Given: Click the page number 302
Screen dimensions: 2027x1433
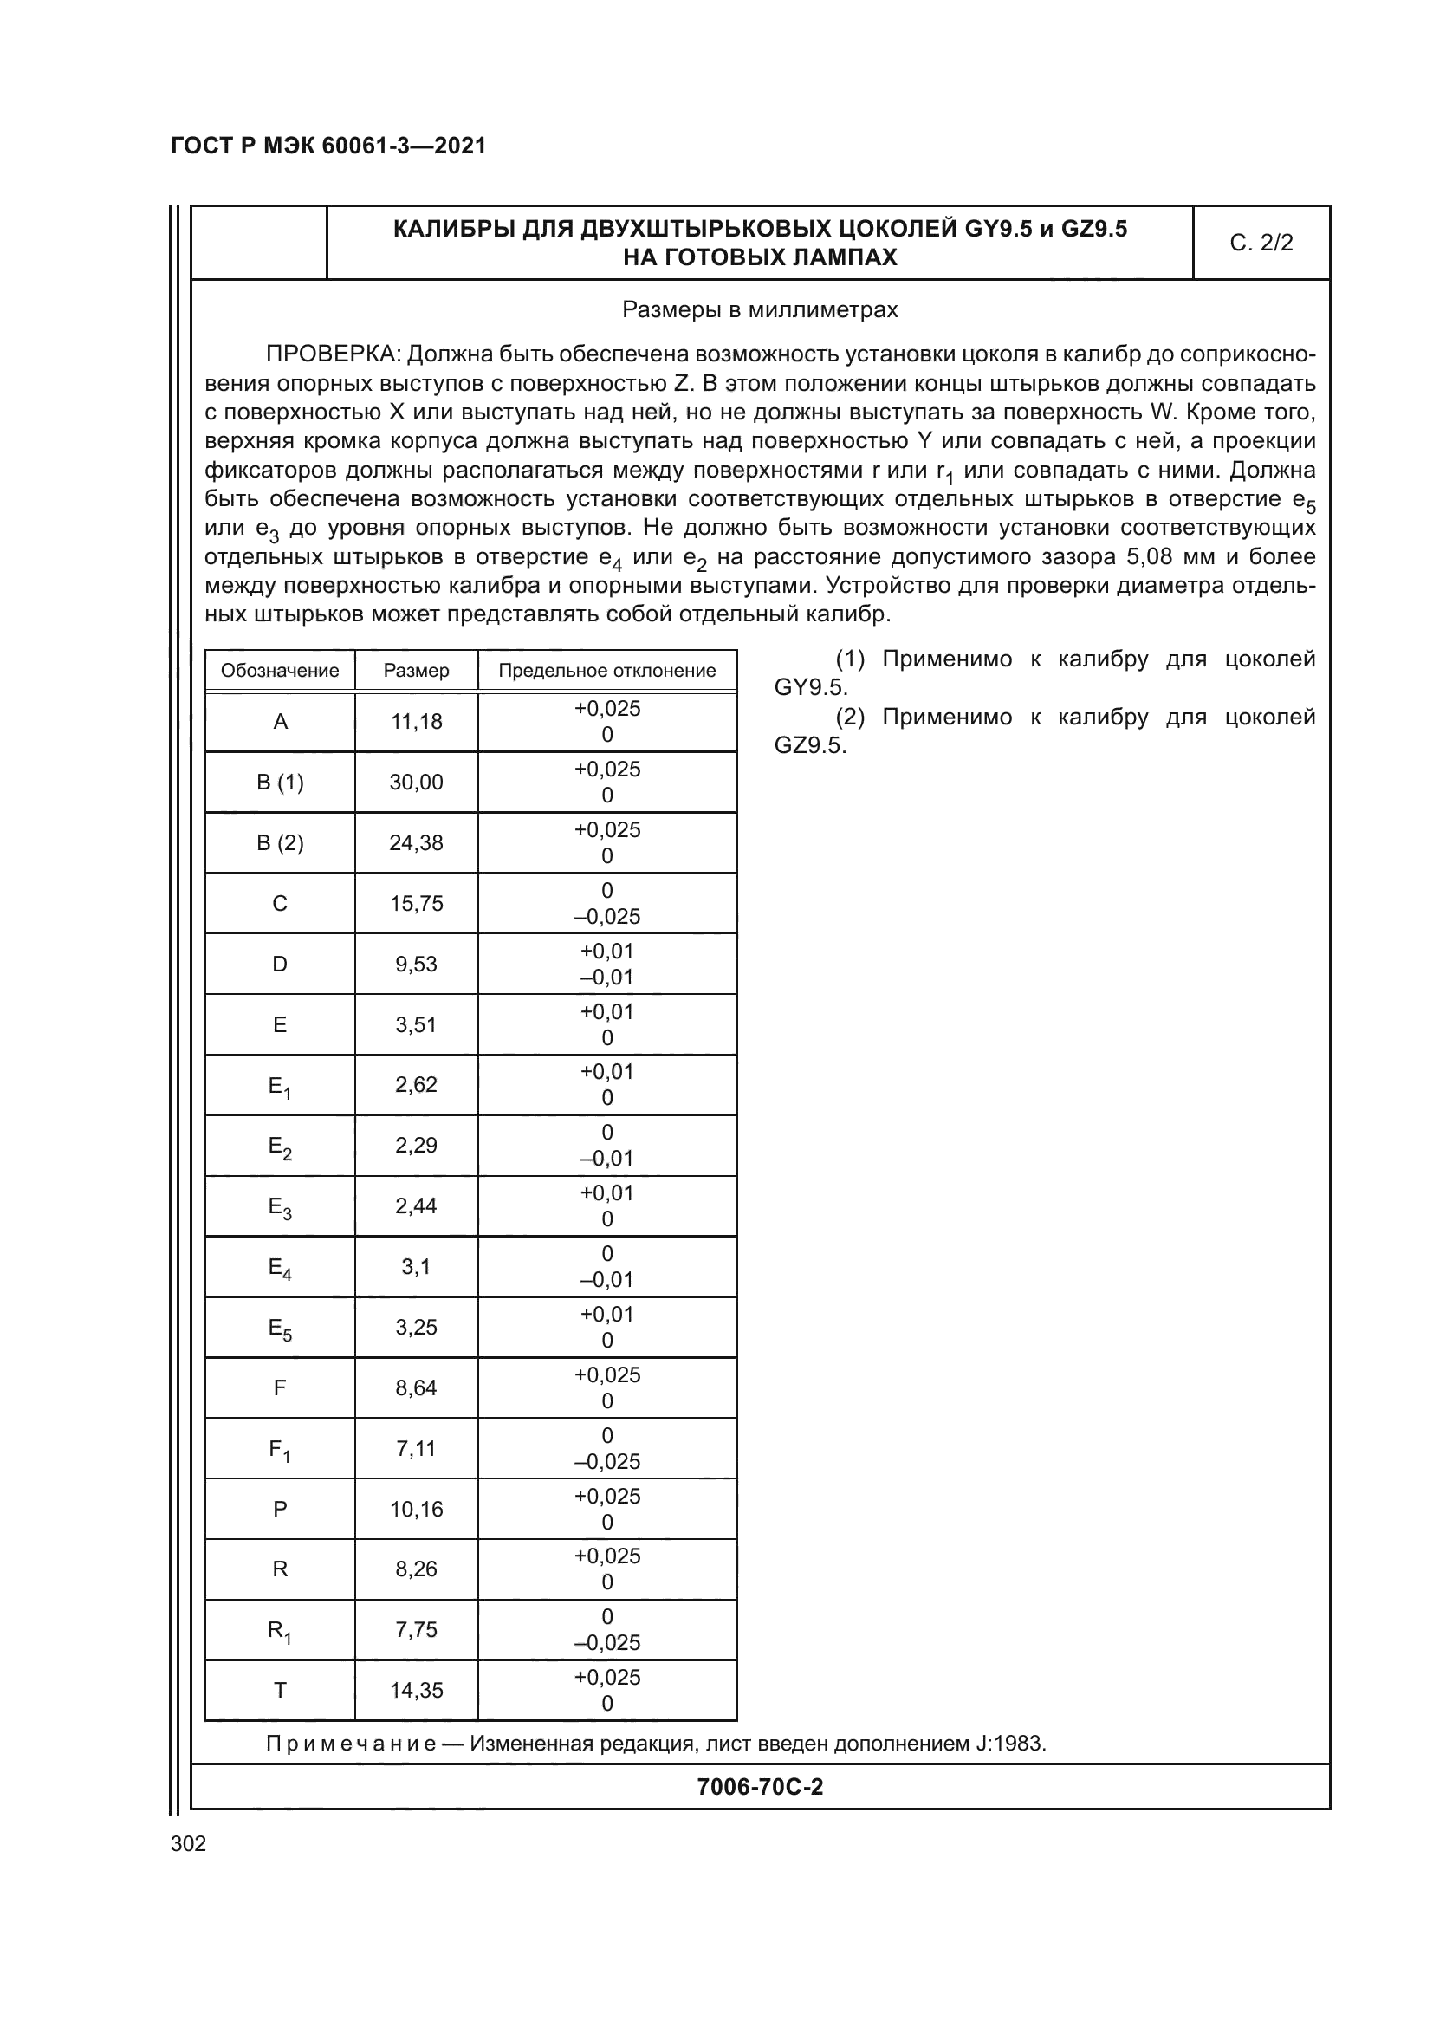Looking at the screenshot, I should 188,1843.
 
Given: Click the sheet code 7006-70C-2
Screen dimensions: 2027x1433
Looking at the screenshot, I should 760,1787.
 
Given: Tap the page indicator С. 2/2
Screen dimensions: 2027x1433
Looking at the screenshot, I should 1261,243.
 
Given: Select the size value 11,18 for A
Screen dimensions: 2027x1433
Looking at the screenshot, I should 417,722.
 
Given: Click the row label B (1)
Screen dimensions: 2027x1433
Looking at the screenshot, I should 280,783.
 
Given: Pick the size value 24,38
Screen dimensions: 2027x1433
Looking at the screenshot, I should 417,843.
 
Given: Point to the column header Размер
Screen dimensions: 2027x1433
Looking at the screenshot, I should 417,671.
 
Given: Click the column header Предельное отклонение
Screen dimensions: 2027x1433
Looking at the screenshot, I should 607,671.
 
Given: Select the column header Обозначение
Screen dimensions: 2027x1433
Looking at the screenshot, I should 280,671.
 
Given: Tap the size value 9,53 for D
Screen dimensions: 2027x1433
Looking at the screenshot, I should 417,964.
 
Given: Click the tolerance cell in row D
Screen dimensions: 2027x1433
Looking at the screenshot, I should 607,964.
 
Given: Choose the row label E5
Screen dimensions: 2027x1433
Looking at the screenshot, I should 280,1329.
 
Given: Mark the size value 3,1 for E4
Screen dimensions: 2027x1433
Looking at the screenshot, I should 417,1267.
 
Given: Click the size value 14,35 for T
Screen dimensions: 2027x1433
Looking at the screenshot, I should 417,1691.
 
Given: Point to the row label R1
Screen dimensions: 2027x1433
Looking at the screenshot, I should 280,1632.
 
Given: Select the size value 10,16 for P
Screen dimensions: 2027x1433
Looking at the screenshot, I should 417,1510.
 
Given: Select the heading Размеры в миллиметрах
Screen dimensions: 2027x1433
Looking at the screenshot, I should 760,310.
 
